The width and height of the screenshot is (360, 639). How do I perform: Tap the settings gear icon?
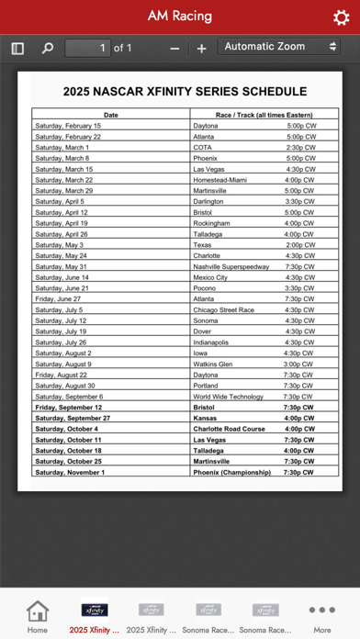[340, 17]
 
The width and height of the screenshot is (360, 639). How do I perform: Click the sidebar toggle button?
[17, 48]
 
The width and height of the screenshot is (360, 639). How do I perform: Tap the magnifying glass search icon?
[48, 48]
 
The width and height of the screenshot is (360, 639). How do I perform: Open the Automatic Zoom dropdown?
[280, 47]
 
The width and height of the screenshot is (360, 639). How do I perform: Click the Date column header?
[111, 115]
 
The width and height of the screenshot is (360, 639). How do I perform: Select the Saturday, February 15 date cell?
[68, 125]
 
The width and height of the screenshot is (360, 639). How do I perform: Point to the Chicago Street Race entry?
[224, 309]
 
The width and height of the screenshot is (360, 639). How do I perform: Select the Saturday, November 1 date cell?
[70, 473]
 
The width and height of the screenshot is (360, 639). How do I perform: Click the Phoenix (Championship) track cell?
[232, 473]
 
